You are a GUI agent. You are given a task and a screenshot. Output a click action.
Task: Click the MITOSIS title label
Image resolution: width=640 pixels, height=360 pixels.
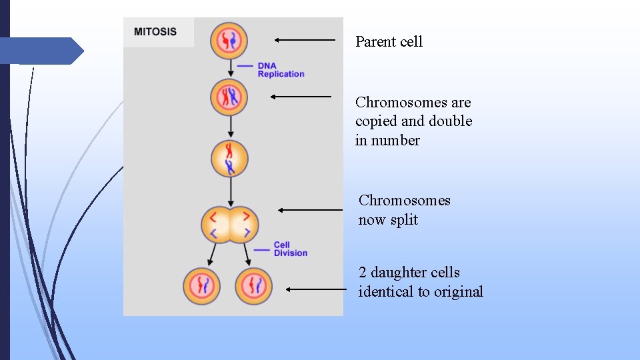pos(155,32)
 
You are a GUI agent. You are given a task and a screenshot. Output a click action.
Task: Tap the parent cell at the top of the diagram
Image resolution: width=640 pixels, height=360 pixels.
pos(229,41)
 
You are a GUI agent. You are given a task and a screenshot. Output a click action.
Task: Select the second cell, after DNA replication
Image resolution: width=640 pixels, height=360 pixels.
pos(229,97)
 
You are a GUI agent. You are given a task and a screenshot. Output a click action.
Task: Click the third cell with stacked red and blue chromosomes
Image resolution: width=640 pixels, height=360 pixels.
pos(229,159)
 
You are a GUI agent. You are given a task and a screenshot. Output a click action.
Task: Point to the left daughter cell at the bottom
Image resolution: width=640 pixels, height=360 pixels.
pos(201,286)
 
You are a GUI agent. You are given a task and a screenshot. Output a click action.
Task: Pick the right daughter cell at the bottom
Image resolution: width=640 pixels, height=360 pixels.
pos(253,286)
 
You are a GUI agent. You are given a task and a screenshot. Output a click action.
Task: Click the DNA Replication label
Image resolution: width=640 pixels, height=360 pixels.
pos(281,70)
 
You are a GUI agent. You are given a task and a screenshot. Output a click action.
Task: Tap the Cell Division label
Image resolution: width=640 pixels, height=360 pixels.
pos(290,249)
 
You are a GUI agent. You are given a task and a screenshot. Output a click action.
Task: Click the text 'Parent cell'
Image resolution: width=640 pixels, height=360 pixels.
pos(389,41)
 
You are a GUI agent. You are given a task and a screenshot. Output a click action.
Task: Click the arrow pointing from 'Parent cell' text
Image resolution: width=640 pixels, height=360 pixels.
pos(305,40)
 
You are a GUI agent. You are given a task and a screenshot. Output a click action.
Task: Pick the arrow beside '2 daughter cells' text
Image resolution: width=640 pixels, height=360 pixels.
pos(316,289)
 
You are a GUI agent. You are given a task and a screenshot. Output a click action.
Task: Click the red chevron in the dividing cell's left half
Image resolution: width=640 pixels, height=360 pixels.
pos(213,216)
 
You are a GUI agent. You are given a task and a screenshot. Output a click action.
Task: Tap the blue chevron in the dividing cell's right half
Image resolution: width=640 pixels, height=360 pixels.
pos(247,232)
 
